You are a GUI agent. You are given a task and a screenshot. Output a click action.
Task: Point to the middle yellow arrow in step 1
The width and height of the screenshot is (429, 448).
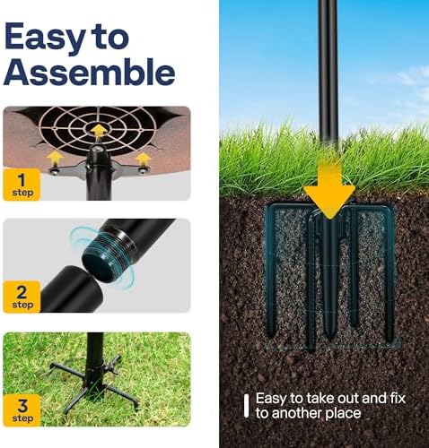[98, 132]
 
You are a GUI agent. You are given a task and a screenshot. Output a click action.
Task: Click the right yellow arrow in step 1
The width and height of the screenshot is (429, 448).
[142, 159]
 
